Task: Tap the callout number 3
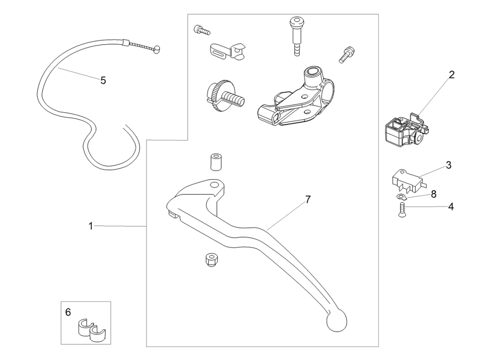tap(448, 165)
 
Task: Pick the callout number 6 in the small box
tap(68, 312)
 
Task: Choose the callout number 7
tap(308, 199)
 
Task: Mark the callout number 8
tap(434, 194)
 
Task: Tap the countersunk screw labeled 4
tap(401, 210)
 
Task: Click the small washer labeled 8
tap(400, 197)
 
